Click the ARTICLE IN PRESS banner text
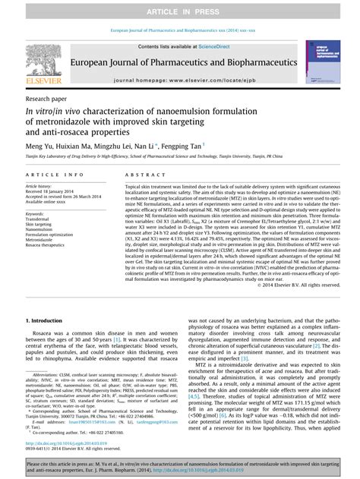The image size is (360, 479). pyautogui.click(x=180, y=9)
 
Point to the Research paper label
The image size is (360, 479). pyautogui.click(x=46, y=99)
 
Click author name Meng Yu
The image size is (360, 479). pyautogui.click(x=41, y=145)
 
